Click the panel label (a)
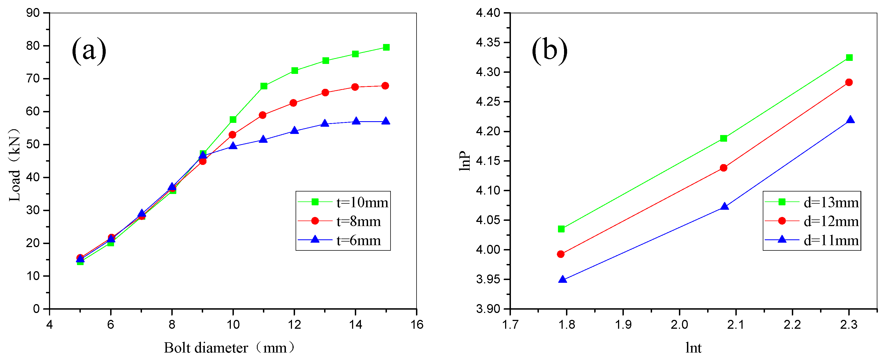coord(89,51)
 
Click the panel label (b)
coord(549,51)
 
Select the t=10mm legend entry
coord(343,203)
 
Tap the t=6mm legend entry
coord(340,240)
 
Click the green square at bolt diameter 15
coord(386,47)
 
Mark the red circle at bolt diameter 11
coord(263,115)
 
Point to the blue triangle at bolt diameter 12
coord(294,130)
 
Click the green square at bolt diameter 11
coord(263,86)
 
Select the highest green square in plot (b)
coord(849,57)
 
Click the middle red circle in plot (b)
coord(723,168)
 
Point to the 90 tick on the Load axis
coord(33,13)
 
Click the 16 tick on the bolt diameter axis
coord(417,324)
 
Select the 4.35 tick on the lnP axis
coord(488,43)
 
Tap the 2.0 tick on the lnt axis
coord(679,324)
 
